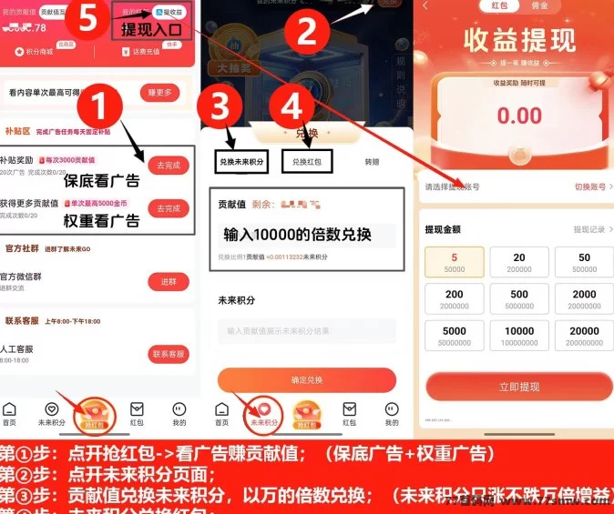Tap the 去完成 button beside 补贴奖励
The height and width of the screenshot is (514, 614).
tap(169, 166)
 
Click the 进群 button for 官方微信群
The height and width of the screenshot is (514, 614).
tap(169, 282)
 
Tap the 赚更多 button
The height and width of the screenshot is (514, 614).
tap(159, 93)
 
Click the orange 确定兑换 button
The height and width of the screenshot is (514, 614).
tap(306, 379)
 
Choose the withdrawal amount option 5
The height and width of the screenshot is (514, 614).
tap(455, 262)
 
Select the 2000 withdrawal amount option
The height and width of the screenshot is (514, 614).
tap(584, 299)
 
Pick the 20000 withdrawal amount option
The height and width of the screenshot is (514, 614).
tap(584, 337)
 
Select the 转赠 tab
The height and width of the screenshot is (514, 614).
tap(371, 162)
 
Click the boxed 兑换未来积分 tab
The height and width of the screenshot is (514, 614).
tap(241, 162)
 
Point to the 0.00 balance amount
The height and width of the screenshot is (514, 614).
tap(519, 116)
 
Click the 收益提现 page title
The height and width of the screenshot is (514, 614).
tap(519, 41)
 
